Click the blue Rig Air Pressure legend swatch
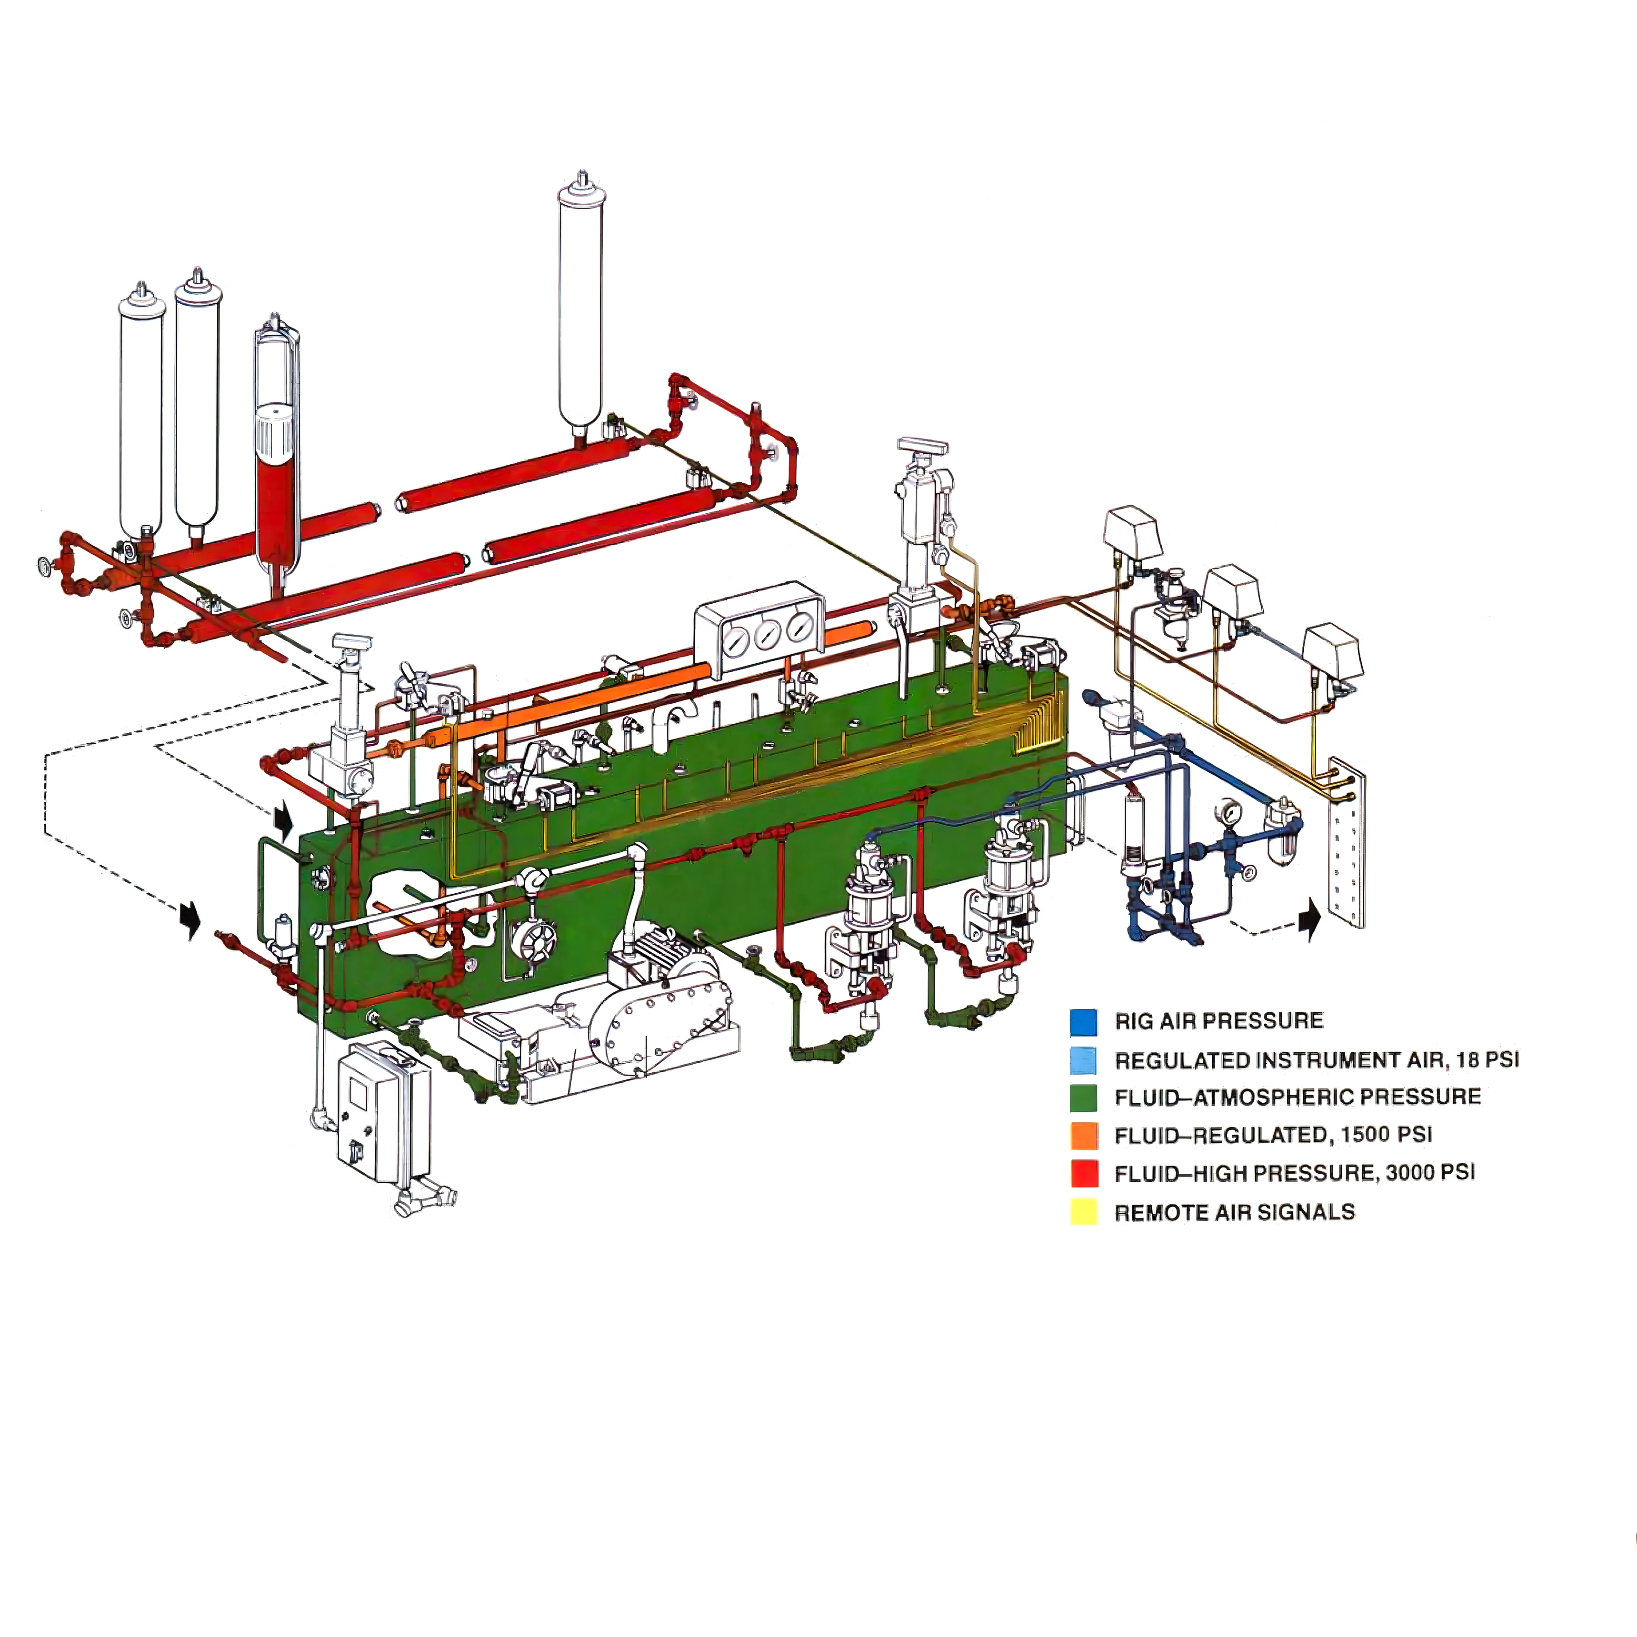tap(1084, 1022)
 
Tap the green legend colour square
tap(1084, 1098)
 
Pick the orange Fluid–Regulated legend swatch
tap(1084, 1136)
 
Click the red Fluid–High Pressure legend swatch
tap(1084, 1174)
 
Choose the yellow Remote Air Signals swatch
tap(1084, 1212)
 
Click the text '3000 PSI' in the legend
tap(1430, 1173)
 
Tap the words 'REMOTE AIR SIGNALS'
tap(1235, 1212)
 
